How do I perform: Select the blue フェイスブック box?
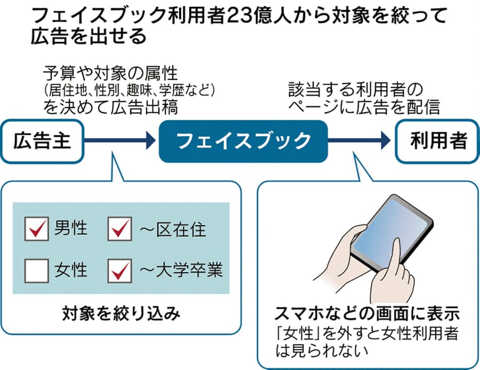point(243,141)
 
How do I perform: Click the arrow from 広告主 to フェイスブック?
point(120,141)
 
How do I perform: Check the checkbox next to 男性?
point(37,229)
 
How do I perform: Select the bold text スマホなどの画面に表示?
point(367,313)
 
